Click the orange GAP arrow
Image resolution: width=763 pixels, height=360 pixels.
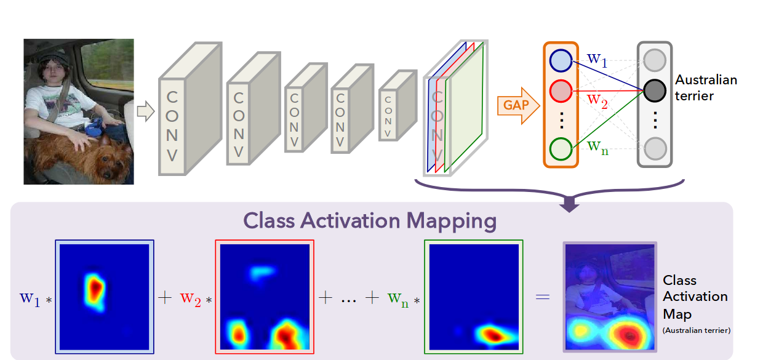pyautogui.click(x=517, y=105)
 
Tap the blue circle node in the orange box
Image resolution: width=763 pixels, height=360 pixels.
pyautogui.click(x=561, y=60)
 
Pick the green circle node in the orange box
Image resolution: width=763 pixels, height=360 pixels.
pyautogui.click(x=561, y=149)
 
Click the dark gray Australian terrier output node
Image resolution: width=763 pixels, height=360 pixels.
pyautogui.click(x=655, y=91)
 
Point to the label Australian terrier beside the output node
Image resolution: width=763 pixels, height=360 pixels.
pyautogui.click(x=705, y=88)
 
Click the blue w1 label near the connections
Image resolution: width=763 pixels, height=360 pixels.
pyautogui.click(x=597, y=59)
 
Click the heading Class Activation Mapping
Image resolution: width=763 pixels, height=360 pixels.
pyautogui.click(x=369, y=220)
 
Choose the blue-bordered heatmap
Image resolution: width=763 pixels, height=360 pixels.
pyautogui.click(x=104, y=297)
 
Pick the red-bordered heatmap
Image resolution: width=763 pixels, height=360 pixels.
pyautogui.click(x=264, y=297)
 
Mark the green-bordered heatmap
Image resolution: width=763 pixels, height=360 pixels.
pyautogui.click(x=473, y=297)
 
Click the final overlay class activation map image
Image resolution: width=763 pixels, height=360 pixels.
pyautogui.click(x=610, y=297)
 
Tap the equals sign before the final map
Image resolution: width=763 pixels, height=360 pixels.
pyautogui.click(x=541, y=297)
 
